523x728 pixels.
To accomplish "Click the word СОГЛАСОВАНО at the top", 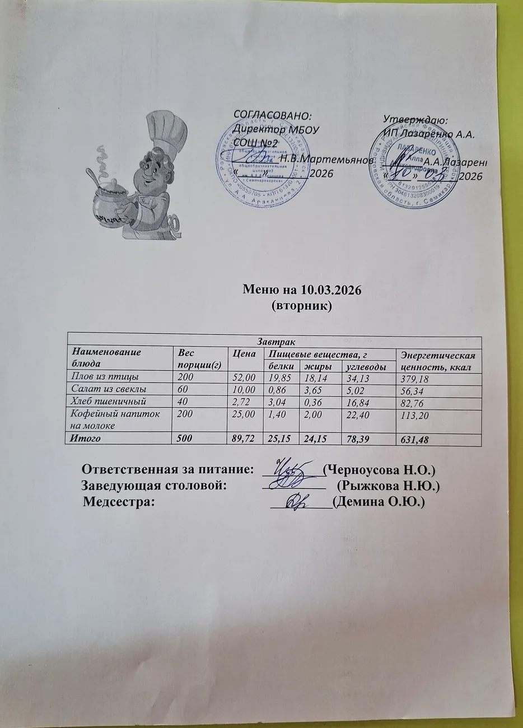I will coord(272,116).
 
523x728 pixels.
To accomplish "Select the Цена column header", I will coord(244,353).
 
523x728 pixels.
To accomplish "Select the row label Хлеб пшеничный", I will coord(107,402).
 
